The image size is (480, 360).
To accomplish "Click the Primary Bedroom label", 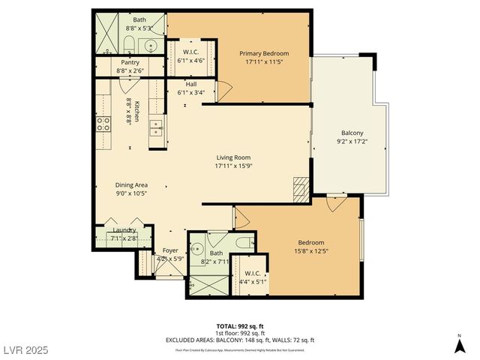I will [x=264, y=53].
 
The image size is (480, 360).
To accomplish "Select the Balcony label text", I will [x=352, y=133].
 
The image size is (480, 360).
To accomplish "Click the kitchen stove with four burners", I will [x=103, y=124].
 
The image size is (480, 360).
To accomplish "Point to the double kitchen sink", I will [x=156, y=126].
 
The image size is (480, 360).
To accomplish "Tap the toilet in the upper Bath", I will [x=128, y=43].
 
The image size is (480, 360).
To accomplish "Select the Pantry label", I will [x=130, y=62].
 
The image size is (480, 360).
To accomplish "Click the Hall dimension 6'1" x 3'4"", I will [x=191, y=93].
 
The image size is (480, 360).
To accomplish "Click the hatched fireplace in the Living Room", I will [x=301, y=187].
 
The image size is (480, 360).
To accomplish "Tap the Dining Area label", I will [x=131, y=184].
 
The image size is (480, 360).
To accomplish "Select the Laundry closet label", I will [x=124, y=230].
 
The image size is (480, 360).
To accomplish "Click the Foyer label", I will [x=171, y=250].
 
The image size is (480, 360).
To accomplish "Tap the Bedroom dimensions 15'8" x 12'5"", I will [x=311, y=251].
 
